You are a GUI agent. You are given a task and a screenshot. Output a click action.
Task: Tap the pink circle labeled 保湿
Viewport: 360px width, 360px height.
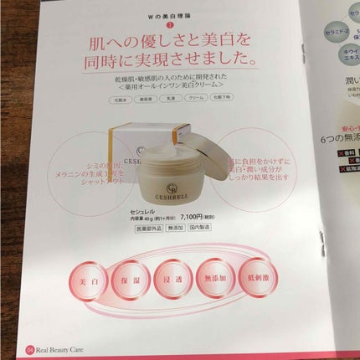130,297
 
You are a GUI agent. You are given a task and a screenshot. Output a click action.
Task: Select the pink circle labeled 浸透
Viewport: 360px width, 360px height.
179,297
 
